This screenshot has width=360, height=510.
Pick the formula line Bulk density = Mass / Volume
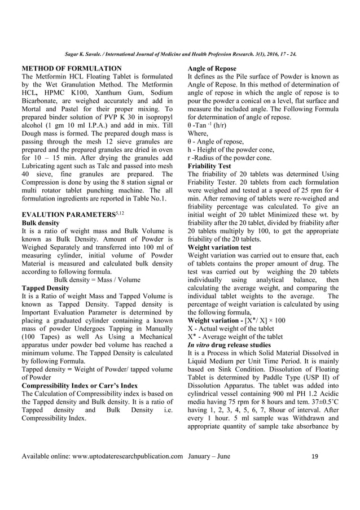point(96,280)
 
